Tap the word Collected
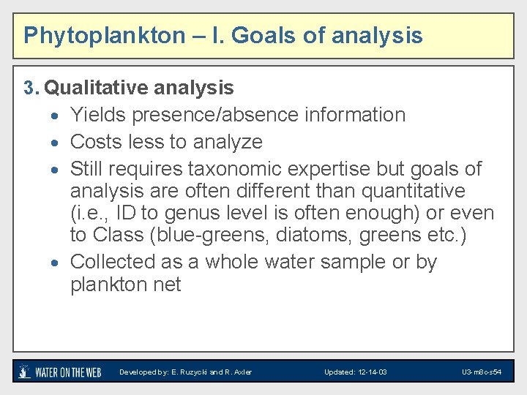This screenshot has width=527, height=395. tap(111, 262)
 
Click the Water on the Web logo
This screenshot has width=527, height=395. tap(59, 372)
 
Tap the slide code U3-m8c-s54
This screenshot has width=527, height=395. tap(481, 372)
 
